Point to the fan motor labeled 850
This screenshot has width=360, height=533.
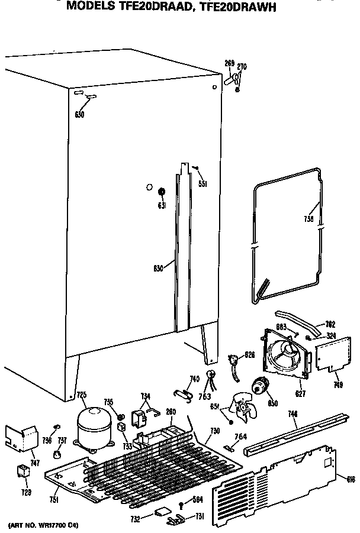260,387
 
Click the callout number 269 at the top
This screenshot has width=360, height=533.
229,63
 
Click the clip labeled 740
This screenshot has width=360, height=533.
184,393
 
